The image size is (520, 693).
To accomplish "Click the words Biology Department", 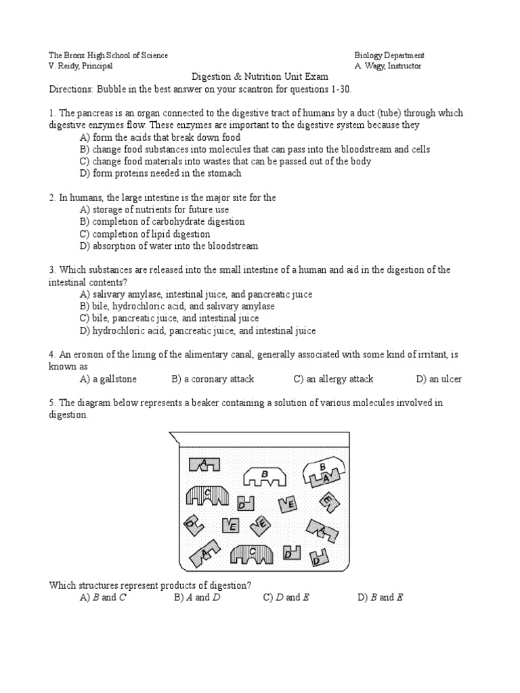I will (x=389, y=55).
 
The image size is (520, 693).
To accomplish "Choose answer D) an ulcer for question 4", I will (x=439, y=379).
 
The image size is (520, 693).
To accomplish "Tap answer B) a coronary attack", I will (x=213, y=379).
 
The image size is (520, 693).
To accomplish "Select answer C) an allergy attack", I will (x=333, y=379).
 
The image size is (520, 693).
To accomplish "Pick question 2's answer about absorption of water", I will (x=169, y=246).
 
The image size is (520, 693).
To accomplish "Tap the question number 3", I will (x=52, y=270).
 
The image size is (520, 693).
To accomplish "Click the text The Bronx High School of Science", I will (x=108, y=55).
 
